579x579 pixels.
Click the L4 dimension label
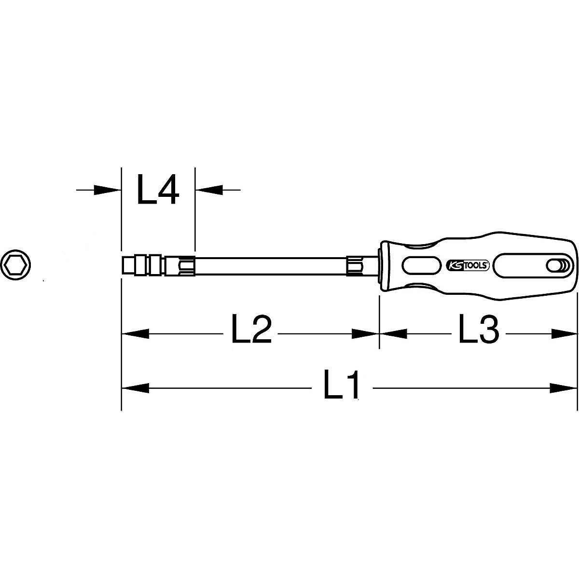[158, 190]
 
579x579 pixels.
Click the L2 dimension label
[251, 331]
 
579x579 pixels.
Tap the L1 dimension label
[342, 386]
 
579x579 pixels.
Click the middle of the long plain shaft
[270, 265]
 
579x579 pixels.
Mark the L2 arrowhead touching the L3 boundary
[366, 333]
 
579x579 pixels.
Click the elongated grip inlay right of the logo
[521, 265]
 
